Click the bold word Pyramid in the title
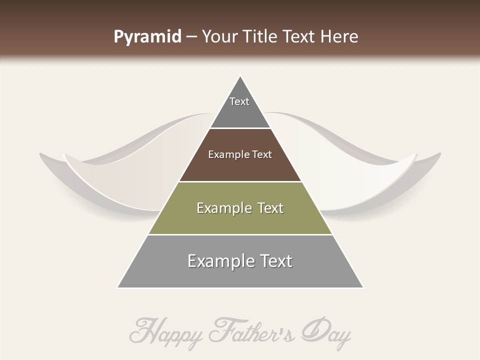pyautogui.click(x=147, y=37)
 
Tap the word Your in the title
pyautogui.click(x=220, y=36)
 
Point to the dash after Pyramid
pyautogui.click(x=191, y=37)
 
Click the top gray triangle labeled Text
pyautogui.click(x=240, y=107)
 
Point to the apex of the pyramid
pyautogui.click(x=240, y=76)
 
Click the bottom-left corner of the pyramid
pyautogui.click(x=118, y=287)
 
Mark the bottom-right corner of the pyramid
pyautogui.click(x=362, y=287)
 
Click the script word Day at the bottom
pyautogui.click(x=327, y=331)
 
